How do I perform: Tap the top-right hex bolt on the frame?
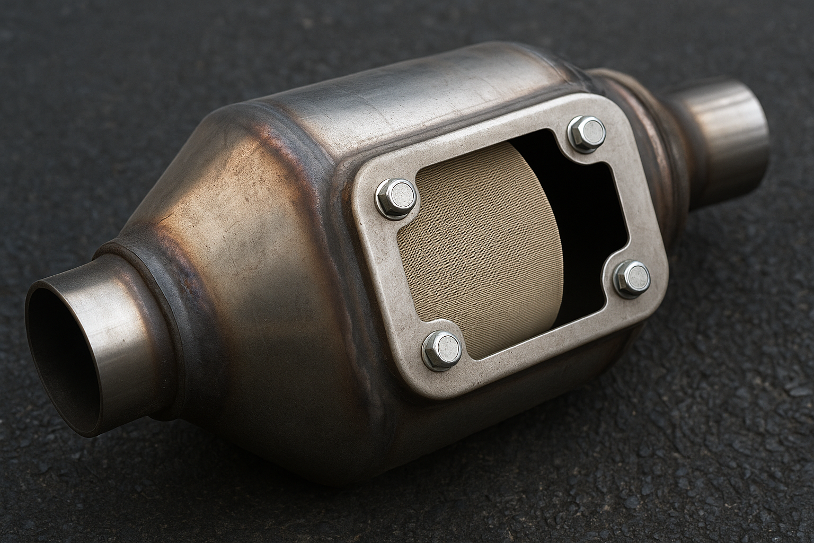point(586,130)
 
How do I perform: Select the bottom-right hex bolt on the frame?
point(632,278)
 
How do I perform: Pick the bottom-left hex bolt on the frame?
point(441,348)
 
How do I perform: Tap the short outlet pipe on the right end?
point(726,133)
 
